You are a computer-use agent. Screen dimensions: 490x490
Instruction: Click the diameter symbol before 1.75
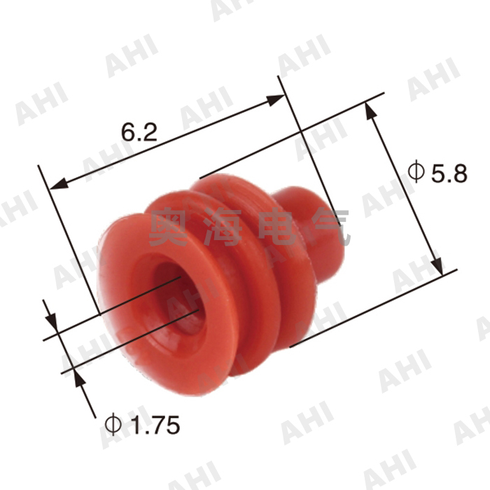click(113, 423)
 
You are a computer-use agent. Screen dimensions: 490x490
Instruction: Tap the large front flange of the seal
click(140, 329)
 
